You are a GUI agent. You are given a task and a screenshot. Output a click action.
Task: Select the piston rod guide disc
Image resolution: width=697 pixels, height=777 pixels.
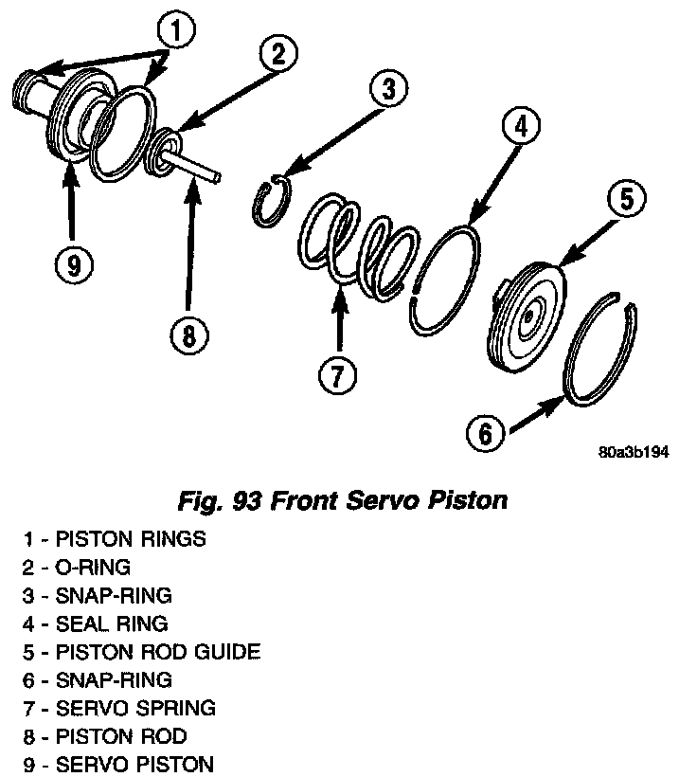[x=527, y=314]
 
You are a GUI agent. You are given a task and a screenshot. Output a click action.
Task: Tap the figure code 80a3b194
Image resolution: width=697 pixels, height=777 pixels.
[x=634, y=453]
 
